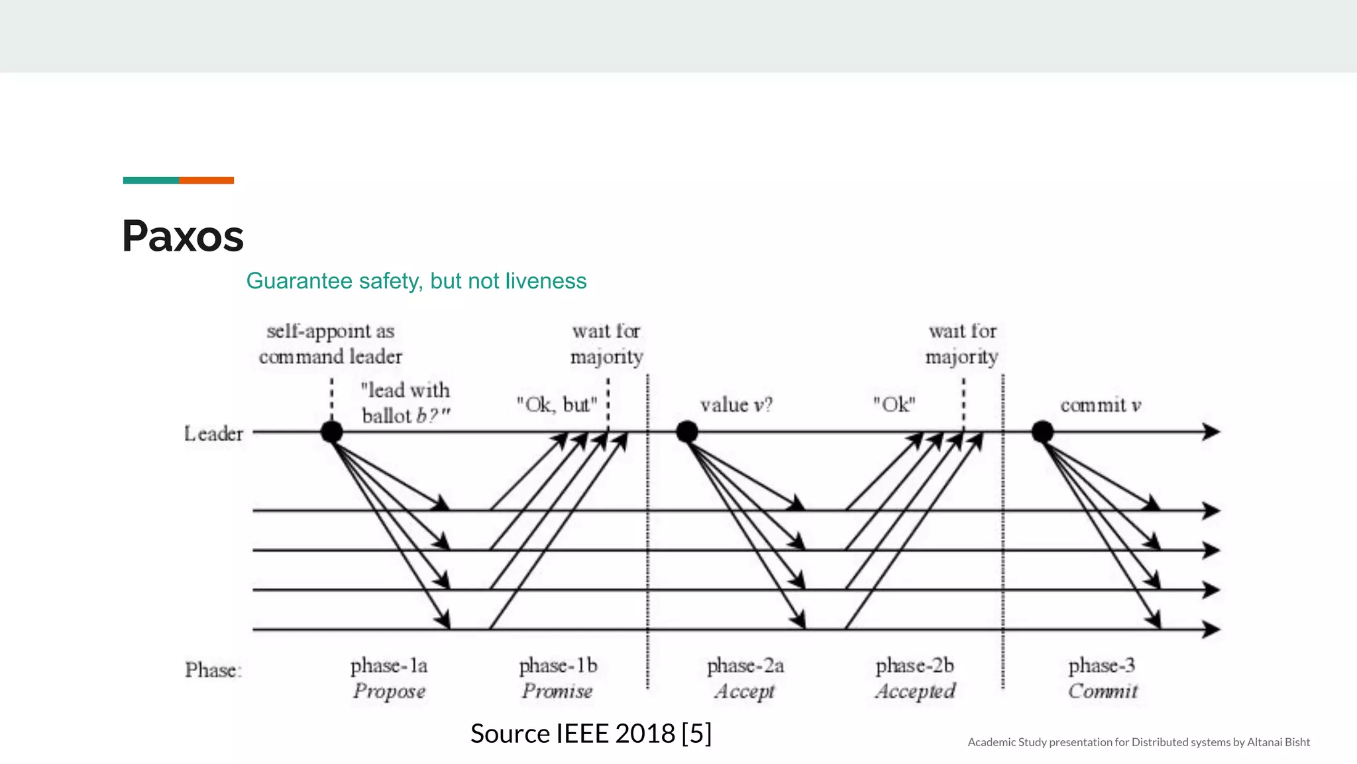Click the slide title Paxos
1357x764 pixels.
tap(183, 236)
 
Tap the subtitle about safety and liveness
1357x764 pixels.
tap(416, 281)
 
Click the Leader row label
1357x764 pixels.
tap(213, 434)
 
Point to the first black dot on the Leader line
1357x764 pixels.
tap(331, 432)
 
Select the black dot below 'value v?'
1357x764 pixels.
tap(687, 432)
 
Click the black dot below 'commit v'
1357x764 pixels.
tap(1042, 432)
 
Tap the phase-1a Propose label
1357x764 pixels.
tap(389, 678)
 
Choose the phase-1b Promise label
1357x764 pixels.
tap(558, 678)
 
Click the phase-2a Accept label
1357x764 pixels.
tap(745, 678)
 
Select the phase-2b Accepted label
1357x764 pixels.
tap(915, 678)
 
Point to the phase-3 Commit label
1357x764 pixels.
tap(1103, 678)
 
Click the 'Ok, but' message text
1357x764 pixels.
tap(557, 405)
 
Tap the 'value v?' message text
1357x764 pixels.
tap(736, 405)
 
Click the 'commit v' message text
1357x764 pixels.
tap(1101, 405)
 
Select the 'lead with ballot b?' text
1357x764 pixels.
tap(406, 403)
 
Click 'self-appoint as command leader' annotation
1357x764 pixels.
tap(331, 344)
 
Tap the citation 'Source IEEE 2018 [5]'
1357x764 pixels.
tap(590, 733)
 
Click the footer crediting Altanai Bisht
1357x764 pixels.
tap(1138, 742)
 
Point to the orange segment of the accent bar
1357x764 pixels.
tap(206, 180)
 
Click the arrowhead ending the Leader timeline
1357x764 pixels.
tap(1211, 432)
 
